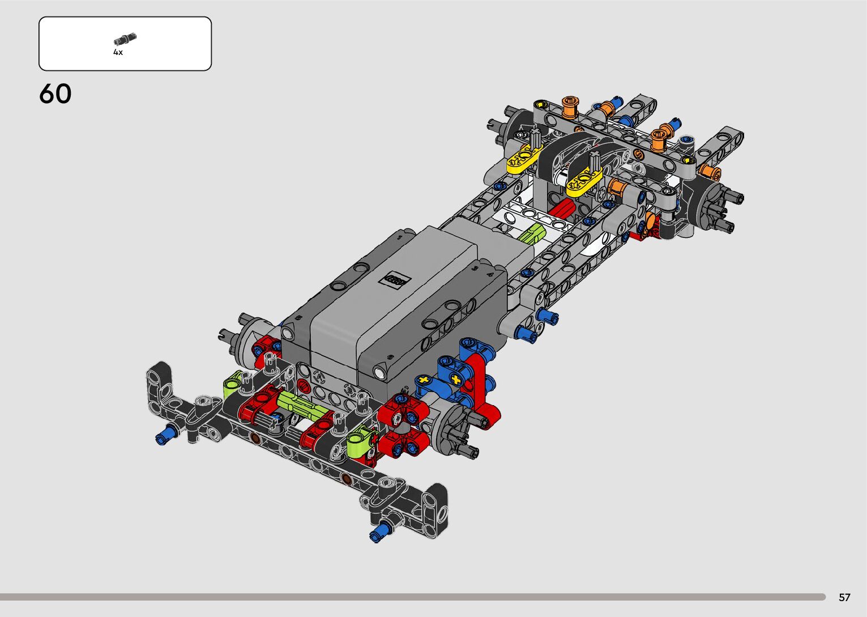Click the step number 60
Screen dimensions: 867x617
(x=55, y=93)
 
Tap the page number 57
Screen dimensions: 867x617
(x=844, y=597)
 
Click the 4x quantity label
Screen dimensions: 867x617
(x=118, y=52)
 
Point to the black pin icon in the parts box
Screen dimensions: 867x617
(x=125, y=39)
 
